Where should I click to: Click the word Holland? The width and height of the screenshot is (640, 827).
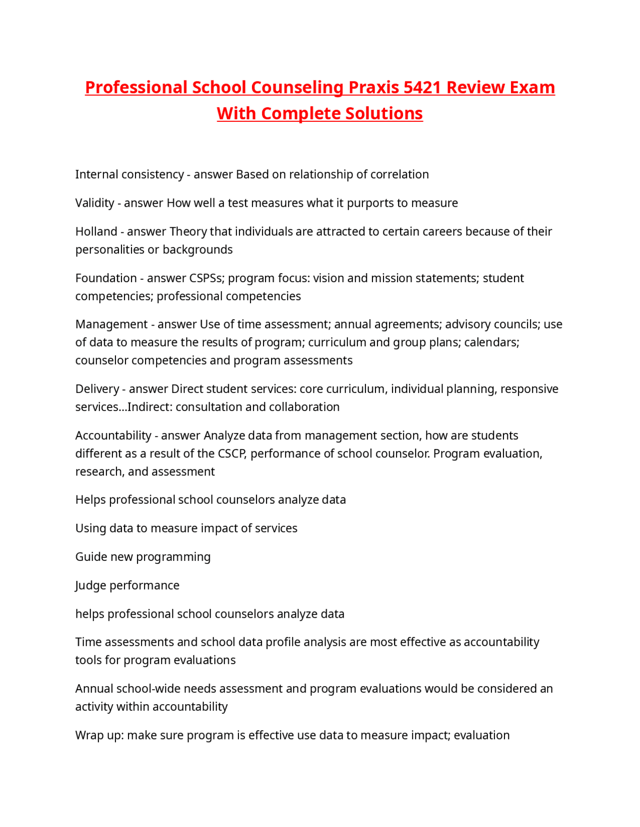(x=96, y=232)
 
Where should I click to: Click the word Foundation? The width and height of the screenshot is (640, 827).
(x=106, y=278)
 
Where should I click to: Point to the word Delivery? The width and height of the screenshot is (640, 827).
(x=97, y=389)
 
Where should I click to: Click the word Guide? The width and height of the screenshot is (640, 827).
(x=91, y=557)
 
